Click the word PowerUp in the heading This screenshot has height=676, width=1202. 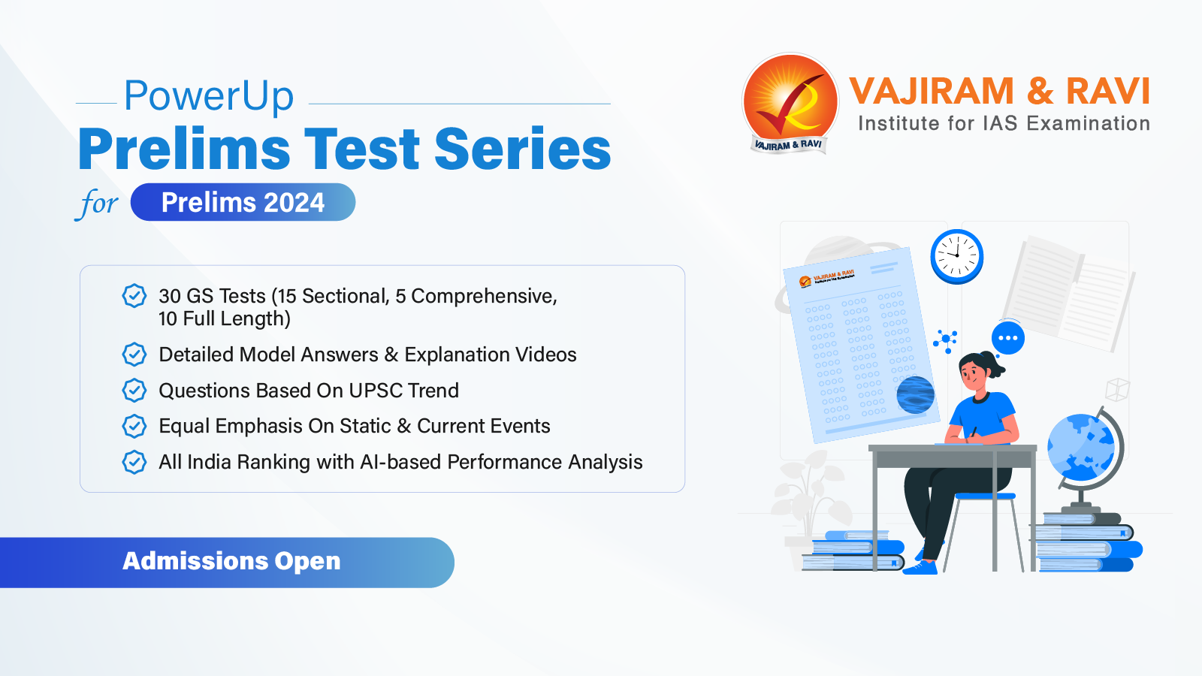209,96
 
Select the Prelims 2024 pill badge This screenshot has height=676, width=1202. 243,202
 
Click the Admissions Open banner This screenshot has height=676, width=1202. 231,562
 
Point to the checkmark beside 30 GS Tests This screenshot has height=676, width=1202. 134,296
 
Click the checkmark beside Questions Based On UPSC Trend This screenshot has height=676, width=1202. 134,391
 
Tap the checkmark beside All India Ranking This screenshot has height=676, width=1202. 134,462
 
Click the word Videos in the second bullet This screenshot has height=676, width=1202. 545,355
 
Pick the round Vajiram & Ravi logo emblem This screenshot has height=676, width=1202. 790,102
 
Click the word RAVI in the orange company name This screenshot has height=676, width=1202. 1107,92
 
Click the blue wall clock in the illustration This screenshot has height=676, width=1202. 956,256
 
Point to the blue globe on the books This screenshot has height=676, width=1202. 1081,448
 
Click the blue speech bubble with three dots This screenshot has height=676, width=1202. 1007,338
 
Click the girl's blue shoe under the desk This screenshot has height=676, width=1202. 921,567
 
